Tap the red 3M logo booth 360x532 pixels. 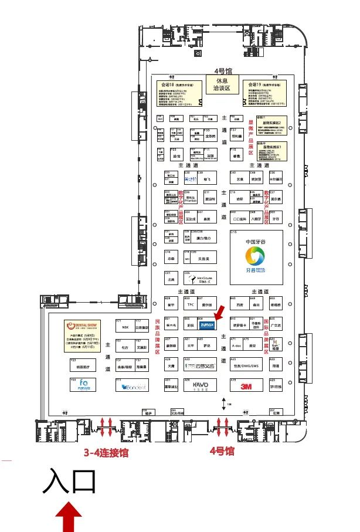[x=246, y=386]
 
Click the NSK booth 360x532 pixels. [x=125, y=327]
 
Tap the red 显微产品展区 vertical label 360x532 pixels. [x=251, y=135]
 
